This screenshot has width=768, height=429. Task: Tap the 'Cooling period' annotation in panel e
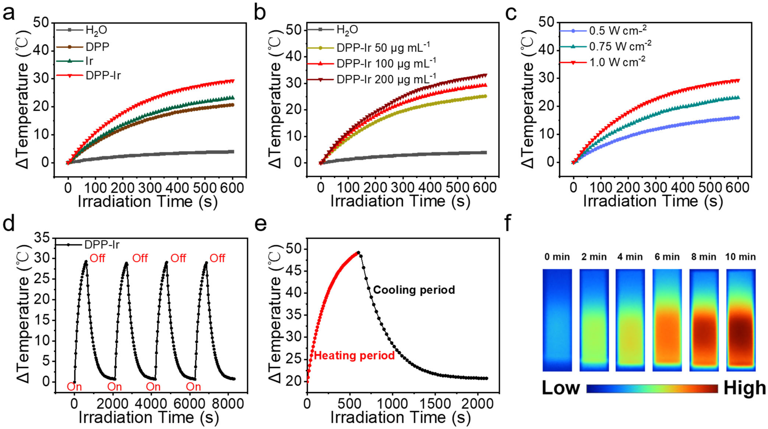pyautogui.click(x=414, y=290)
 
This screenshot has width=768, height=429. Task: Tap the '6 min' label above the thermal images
pyautogui.click(x=667, y=257)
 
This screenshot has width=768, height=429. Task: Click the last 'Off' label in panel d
pyautogui.click(x=217, y=258)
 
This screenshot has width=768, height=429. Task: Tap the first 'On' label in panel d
pyautogui.click(x=74, y=387)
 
